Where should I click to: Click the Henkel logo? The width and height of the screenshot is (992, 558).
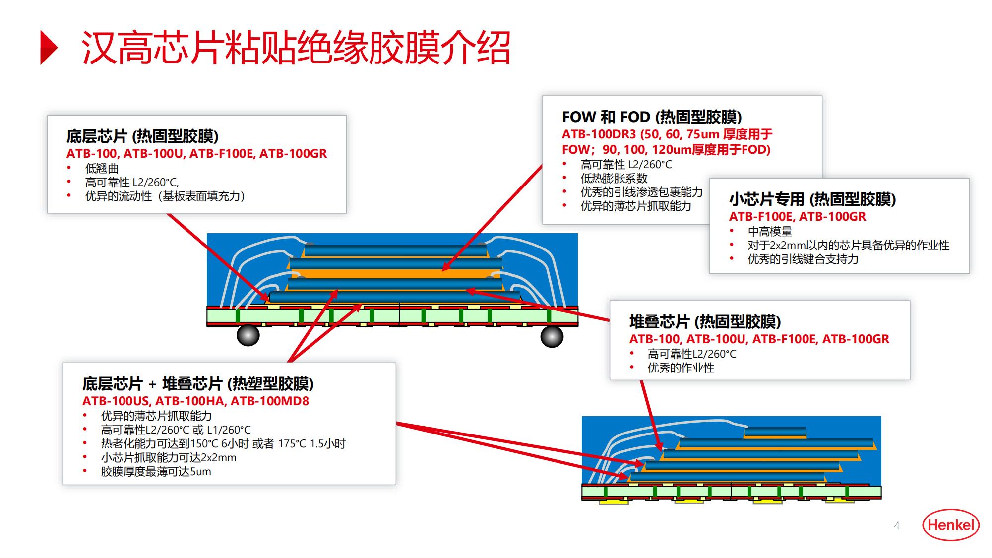(x=950, y=525)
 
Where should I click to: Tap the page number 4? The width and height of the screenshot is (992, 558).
(x=897, y=526)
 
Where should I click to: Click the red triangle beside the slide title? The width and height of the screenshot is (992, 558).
(x=49, y=48)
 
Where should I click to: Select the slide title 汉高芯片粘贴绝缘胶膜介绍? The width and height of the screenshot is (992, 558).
(x=296, y=48)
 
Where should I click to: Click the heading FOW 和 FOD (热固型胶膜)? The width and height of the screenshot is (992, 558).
(x=652, y=117)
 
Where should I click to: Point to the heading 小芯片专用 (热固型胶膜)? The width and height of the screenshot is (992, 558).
(x=812, y=199)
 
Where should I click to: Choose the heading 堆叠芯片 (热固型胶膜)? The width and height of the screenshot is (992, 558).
(x=705, y=322)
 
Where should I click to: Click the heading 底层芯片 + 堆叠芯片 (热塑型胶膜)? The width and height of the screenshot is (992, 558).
(x=198, y=384)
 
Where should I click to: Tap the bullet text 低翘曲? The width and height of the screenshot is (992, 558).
(x=102, y=169)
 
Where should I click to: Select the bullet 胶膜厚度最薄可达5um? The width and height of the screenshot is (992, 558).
(x=156, y=472)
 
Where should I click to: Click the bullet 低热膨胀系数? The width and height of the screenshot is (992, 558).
(x=614, y=179)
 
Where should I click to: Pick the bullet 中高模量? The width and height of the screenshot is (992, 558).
(x=770, y=232)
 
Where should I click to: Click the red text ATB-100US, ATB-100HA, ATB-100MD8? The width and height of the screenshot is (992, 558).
(x=195, y=401)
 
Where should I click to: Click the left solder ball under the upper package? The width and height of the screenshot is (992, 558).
(x=248, y=336)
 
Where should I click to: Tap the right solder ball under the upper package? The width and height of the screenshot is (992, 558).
(x=552, y=337)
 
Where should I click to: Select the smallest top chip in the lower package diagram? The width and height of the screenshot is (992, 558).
(x=775, y=432)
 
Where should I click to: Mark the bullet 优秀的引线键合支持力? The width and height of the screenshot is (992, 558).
(x=803, y=259)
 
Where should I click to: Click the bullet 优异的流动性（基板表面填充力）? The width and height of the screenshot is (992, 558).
(x=165, y=196)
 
